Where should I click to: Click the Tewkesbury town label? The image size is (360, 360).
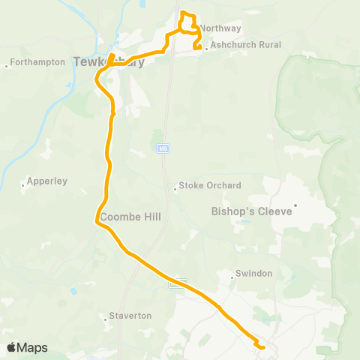point(109,62)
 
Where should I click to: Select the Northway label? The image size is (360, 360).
point(220,28)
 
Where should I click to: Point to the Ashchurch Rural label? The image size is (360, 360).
point(246,45)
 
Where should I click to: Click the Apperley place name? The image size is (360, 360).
point(46,181)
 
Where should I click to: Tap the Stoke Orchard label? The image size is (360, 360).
point(210,186)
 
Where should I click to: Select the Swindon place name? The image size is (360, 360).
point(253,274)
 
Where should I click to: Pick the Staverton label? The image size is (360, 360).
point(130,316)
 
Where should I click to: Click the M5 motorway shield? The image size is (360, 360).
point(162,148)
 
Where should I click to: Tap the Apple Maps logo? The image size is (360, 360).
point(26,347)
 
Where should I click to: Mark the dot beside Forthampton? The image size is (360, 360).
point(7,65)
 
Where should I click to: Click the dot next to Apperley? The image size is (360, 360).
point(22,184)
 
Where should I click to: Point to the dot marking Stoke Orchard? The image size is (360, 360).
point(175,189)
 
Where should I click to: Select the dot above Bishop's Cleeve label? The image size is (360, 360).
point(295,205)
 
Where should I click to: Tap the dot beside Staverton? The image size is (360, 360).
point(106,318)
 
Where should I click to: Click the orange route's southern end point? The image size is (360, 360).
point(262,346)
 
